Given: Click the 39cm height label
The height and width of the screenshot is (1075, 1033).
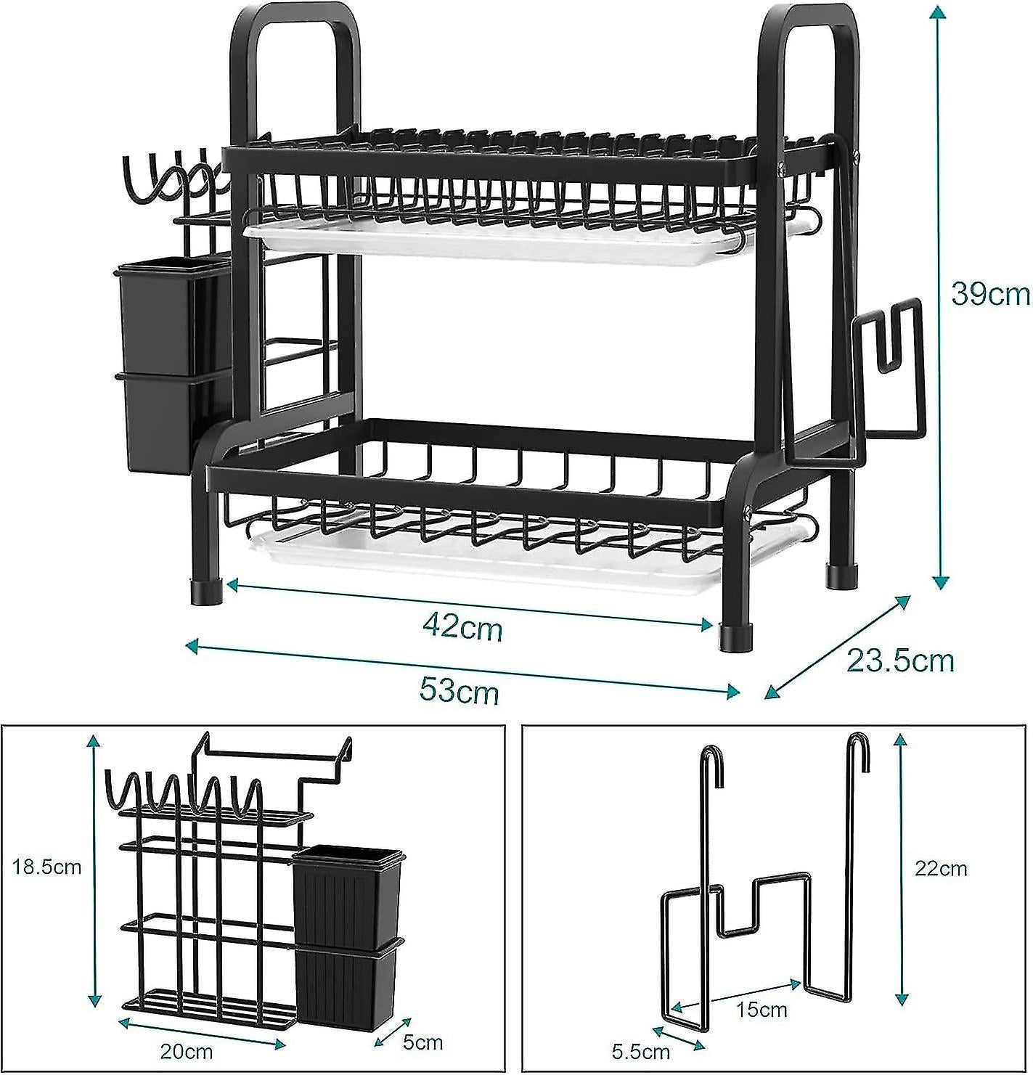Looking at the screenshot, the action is click(990, 294).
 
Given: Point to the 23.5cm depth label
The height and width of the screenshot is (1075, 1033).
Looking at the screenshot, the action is click(899, 661).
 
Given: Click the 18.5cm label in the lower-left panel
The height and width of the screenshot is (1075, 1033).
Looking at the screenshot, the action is click(46, 867).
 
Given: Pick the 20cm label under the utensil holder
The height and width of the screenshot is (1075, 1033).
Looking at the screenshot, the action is click(187, 1051).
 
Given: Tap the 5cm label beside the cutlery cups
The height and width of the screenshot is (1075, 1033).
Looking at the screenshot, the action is click(422, 1042).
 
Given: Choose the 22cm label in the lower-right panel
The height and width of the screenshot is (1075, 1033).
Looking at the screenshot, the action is click(940, 868).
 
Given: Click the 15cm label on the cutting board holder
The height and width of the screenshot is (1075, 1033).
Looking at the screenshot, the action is click(762, 1009).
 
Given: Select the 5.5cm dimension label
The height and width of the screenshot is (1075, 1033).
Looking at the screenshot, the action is click(640, 1050).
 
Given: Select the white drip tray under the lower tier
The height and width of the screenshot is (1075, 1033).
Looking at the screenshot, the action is click(472, 563).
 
